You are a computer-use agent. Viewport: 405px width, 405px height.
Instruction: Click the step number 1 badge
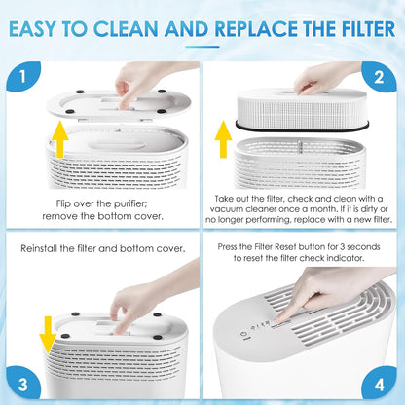coord(23,76)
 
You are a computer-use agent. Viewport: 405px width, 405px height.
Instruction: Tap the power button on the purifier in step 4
coord(242,335)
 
